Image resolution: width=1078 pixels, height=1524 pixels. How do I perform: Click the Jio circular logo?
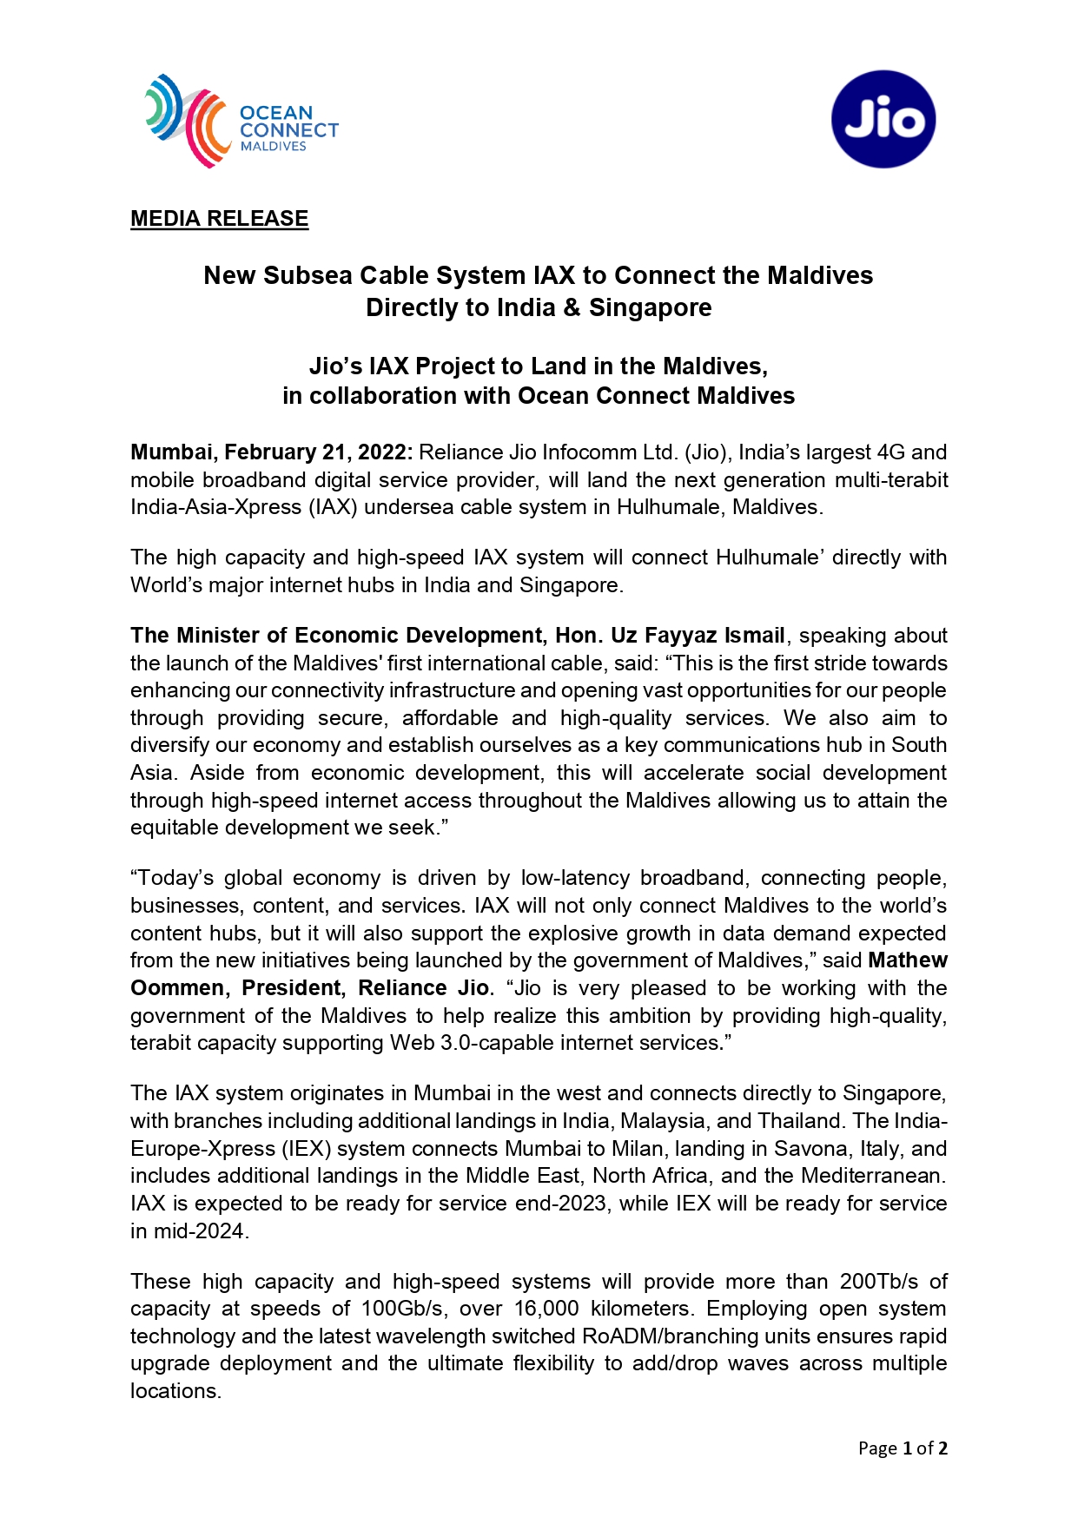coord(883,119)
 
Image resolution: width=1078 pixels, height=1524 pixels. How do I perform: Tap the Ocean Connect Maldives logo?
coord(241,121)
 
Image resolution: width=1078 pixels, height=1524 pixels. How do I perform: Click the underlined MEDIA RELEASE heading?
coord(219,219)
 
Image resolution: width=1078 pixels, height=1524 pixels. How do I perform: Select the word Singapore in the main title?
coord(650,308)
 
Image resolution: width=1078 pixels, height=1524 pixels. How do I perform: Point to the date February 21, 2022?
coord(318,452)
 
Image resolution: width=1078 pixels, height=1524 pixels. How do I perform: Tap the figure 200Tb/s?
coord(878,1282)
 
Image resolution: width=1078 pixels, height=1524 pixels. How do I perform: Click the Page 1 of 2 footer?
coord(902,1448)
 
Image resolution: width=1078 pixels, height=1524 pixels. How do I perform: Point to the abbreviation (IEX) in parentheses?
coord(305,1149)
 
